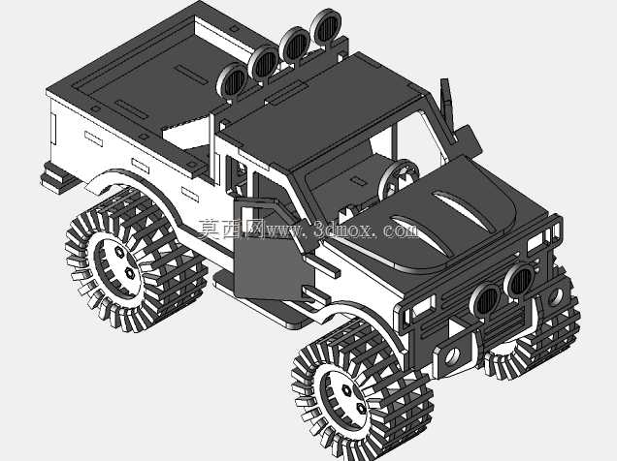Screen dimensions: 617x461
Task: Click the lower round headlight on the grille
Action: [x=486, y=299]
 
